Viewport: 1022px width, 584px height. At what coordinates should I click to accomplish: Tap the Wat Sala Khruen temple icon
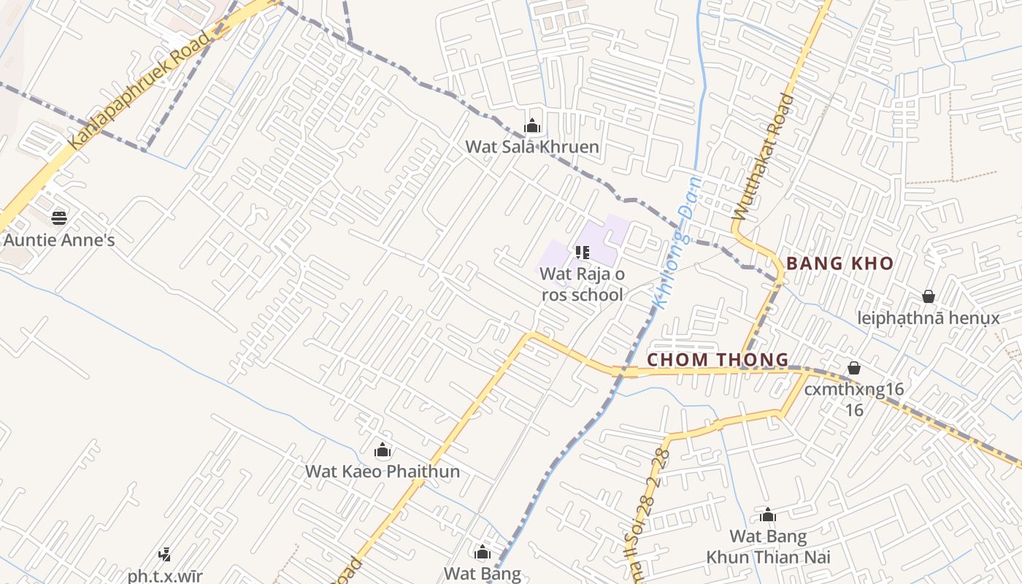(532, 126)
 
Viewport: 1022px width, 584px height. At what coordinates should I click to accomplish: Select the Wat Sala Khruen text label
(532, 147)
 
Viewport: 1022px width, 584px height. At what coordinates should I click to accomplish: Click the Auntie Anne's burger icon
(59, 218)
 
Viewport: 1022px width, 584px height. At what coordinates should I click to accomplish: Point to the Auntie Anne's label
(59, 239)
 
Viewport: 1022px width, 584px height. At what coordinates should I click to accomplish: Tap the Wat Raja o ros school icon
(583, 253)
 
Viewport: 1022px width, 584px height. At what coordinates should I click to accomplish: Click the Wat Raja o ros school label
(582, 284)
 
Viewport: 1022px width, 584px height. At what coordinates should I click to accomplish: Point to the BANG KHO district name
(839, 264)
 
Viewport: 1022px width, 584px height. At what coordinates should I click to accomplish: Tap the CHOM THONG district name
(718, 359)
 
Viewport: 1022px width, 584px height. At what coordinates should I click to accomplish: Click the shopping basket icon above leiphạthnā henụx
(929, 296)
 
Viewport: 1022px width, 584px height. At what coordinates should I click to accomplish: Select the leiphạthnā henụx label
(929, 318)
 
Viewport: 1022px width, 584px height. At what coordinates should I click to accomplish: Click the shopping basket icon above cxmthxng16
(854, 368)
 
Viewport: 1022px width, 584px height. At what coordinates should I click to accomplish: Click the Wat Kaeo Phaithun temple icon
(382, 450)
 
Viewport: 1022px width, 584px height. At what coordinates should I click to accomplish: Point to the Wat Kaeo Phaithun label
(383, 471)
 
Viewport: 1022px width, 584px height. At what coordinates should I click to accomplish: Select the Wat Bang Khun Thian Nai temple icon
(768, 515)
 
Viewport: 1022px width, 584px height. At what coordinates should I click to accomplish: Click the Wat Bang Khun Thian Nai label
(768, 547)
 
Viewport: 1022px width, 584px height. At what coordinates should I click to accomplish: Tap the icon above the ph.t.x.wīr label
(165, 555)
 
